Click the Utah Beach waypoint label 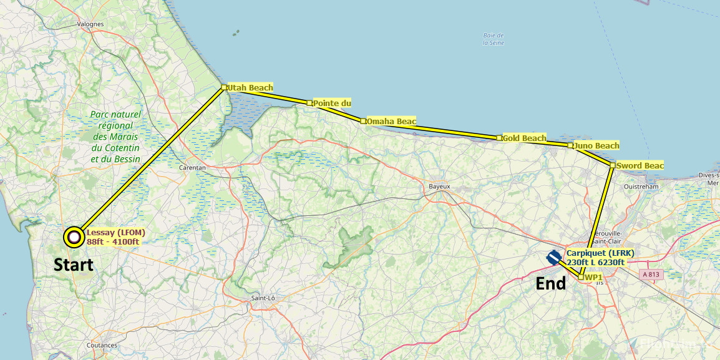250,88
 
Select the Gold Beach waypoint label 524,138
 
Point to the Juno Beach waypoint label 596,146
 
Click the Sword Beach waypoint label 640,166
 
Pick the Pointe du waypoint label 332,103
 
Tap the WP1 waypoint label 593,277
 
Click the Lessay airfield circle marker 75,236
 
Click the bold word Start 74,265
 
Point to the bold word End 551,285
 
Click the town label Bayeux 440,187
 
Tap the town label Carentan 192,168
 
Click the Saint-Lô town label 263,298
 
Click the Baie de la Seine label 494,39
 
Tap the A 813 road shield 651,275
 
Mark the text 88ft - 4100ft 113,242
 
